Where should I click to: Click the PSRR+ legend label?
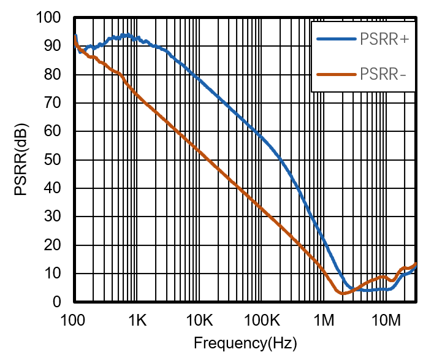(384, 39)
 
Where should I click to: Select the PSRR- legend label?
(384, 74)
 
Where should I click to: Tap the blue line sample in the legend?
(336, 39)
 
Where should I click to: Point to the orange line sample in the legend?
(336, 74)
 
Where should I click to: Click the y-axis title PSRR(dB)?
(21, 160)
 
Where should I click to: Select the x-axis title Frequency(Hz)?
(245, 343)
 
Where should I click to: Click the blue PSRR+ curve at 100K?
(261, 136)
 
